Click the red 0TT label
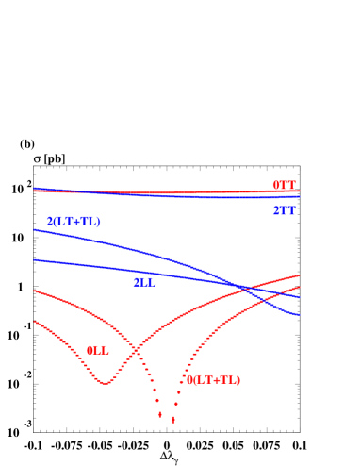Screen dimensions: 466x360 (284, 185)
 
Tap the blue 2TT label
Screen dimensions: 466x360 (284, 210)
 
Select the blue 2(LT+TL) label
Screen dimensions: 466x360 (74, 222)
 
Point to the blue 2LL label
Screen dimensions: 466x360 (143, 281)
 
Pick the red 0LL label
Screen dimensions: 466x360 (97, 350)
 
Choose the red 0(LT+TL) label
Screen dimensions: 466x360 (213, 380)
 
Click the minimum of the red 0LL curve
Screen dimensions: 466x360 (106, 383)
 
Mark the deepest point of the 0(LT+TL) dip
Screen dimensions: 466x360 (172, 422)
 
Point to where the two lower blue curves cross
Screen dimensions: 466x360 (247, 287)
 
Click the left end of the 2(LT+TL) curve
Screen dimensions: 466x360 (35, 229)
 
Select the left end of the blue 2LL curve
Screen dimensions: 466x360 (35, 259)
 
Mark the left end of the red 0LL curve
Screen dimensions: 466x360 (35, 322)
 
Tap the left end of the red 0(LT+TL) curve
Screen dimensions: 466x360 (35, 291)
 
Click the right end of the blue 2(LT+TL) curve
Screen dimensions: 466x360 (300, 315)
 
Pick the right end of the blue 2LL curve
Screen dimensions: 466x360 (300, 297)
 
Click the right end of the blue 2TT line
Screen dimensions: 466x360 (300, 196)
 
